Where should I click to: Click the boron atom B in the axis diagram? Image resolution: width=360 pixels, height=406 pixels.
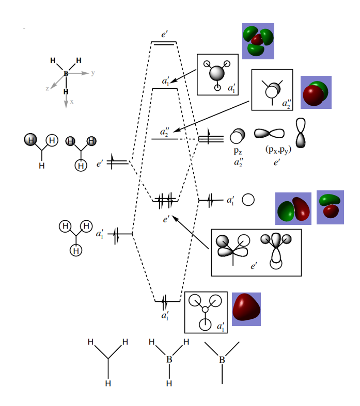[x=66, y=74]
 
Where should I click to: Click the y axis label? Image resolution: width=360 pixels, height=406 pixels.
[x=93, y=73]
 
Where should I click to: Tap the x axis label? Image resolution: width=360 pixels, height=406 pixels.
[x=72, y=102]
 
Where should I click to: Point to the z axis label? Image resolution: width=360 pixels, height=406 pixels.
[x=47, y=89]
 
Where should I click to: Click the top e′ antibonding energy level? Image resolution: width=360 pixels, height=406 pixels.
[x=163, y=42]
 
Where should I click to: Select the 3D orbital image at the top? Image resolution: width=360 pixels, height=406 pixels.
[x=258, y=41]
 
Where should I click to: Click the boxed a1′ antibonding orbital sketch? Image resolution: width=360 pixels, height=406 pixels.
[x=217, y=74]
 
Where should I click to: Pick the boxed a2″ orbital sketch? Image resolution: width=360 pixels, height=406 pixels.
[x=272, y=90]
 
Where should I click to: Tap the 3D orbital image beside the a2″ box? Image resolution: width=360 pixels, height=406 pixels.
[x=316, y=92]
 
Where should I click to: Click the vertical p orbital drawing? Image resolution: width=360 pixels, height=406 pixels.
[x=301, y=133]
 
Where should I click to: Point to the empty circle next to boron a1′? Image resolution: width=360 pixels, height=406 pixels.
[x=248, y=200]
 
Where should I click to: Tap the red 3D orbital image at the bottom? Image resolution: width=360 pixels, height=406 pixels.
[x=246, y=309]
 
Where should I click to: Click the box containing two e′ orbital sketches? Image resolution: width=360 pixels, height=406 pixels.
[x=256, y=253]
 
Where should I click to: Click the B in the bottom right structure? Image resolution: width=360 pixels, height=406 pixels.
[x=222, y=360]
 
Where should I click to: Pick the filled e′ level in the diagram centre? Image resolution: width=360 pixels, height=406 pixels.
[x=166, y=200]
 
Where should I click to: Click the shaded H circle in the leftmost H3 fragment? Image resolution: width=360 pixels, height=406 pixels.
[x=31, y=140]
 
